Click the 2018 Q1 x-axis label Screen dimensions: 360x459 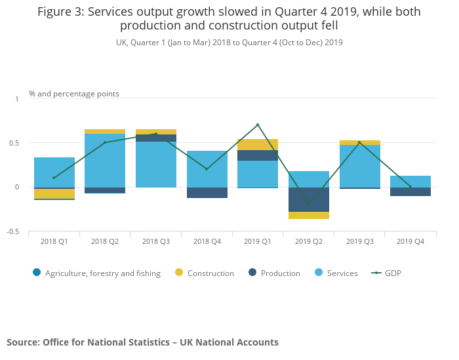point(54,241)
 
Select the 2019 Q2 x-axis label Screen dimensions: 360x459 point(309,241)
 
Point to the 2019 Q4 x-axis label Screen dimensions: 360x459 point(410,241)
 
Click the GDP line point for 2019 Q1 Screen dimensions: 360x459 point(258,125)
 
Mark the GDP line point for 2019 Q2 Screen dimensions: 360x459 point(309,204)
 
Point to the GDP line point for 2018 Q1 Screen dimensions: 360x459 point(54,178)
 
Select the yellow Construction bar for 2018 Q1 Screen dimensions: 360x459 point(54,193)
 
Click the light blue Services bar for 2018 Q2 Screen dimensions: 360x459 point(105,161)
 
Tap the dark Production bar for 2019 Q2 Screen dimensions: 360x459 point(309,199)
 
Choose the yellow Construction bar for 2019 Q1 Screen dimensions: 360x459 point(258,144)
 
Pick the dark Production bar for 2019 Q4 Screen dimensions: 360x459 point(410,191)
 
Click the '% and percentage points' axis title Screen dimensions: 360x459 point(74,94)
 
